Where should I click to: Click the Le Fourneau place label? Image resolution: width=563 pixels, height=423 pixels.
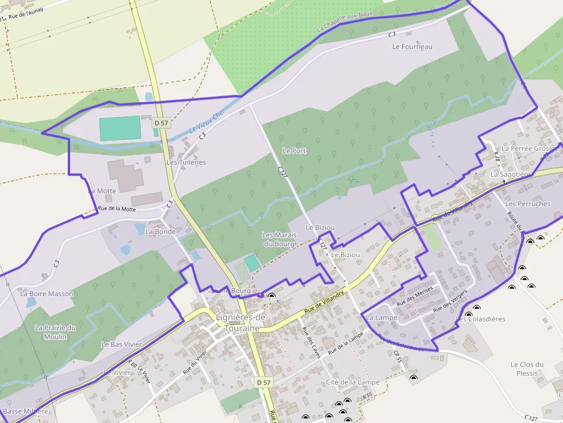[412, 46]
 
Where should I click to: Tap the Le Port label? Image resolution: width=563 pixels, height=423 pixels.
[294, 151]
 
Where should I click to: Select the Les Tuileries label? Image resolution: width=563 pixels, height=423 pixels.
[186, 162]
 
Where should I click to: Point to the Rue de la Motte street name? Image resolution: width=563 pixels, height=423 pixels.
[117, 209]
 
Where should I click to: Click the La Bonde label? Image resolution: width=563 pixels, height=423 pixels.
[160, 232]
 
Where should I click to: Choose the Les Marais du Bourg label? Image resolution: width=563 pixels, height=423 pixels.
[279, 239]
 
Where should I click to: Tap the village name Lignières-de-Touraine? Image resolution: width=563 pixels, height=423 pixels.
[242, 323]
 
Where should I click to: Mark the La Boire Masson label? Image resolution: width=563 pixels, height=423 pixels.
[47, 294]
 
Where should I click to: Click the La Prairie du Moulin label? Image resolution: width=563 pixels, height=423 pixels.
[55, 332]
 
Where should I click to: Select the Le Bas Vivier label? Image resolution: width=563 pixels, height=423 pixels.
[121, 344]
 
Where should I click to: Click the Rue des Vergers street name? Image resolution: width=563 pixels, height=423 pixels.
[450, 301]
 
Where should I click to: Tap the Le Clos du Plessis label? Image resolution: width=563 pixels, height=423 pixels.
[527, 368]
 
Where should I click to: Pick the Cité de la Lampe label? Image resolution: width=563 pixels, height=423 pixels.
[352, 382]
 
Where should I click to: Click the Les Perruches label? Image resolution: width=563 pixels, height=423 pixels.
[527, 204]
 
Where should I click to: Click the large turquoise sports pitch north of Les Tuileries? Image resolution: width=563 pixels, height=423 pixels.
[119, 129]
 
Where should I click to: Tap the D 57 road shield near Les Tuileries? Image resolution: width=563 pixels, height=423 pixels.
[161, 123]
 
